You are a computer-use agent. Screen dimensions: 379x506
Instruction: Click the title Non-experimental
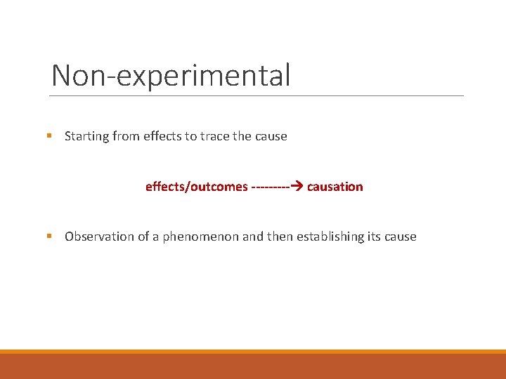[x=171, y=75]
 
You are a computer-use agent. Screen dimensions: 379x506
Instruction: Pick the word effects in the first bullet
[x=162, y=136]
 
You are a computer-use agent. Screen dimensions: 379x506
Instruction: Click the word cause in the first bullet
[x=271, y=136]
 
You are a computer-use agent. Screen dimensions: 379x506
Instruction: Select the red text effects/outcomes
[x=196, y=187]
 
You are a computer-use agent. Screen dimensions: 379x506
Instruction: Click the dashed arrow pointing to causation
[x=277, y=187]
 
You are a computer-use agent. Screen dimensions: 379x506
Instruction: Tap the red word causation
[x=335, y=187]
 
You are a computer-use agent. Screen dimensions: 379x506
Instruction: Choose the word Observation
[x=99, y=237]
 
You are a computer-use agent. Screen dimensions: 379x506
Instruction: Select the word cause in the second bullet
[x=401, y=237]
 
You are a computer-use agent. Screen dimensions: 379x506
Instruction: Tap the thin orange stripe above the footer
[x=253, y=352]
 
